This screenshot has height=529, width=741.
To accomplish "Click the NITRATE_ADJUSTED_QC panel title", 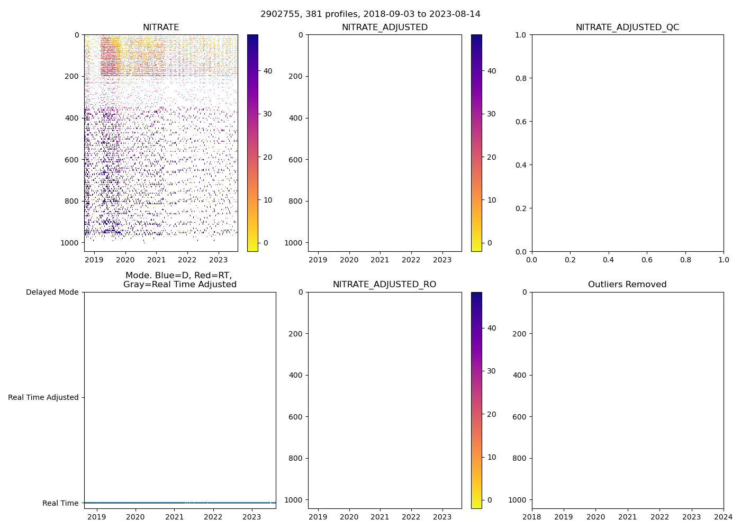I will (627, 28).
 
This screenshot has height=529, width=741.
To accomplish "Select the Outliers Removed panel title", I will (627, 285).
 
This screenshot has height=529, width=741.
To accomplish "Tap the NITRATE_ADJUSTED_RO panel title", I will (384, 285).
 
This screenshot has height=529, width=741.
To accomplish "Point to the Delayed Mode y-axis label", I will (52, 292).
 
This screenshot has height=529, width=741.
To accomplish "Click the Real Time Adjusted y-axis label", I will (43, 397).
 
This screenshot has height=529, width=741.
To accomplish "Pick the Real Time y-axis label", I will (60, 503).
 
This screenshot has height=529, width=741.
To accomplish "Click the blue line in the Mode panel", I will (180, 503).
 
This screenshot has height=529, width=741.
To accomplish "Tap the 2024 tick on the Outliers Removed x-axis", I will (724, 517).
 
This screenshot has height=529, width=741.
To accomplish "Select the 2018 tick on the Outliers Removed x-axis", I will (532, 517).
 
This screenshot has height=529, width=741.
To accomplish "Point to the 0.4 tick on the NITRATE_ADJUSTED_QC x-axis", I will (609, 260).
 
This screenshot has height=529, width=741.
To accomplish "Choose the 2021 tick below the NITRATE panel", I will (156, 260).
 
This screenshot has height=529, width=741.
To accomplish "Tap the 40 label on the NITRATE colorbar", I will (268, 71).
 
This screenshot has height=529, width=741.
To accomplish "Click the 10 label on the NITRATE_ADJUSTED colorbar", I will (492, 200).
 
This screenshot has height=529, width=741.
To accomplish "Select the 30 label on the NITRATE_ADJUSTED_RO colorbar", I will (492, 371).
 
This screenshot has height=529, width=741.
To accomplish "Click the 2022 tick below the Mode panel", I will (213, 517).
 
